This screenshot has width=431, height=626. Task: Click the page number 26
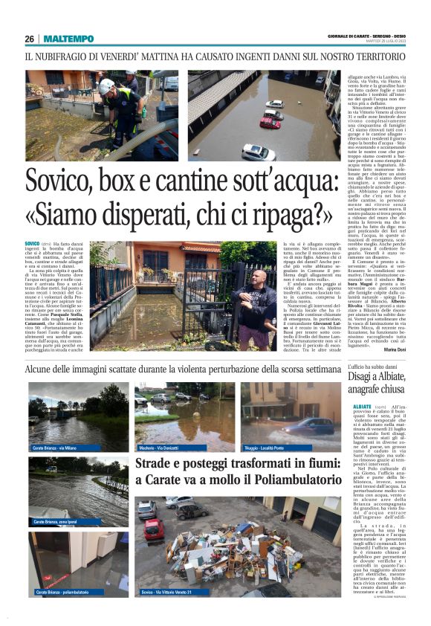pyautogui.click(x=29, y=39)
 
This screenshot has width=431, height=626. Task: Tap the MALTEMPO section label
pyautogui.click(x=68, y=39)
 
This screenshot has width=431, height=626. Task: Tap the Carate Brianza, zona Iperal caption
pyautogui.click(x=56, y=522)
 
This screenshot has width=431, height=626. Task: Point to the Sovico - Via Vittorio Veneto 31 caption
pyautogui.click(x=169, y=593)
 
